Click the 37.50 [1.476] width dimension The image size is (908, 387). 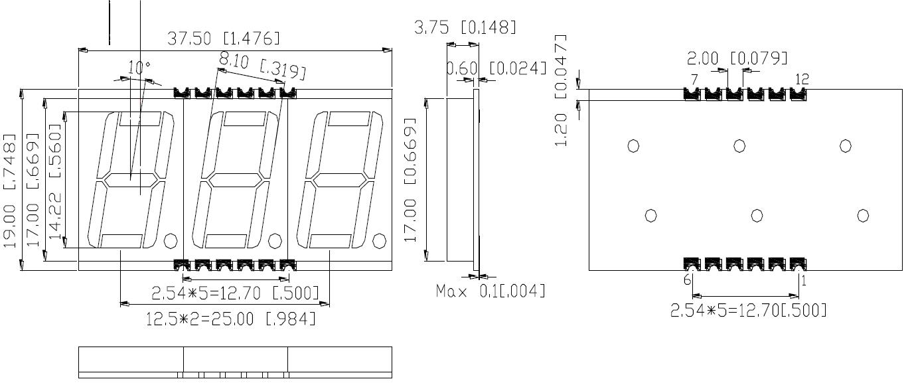click(x=223, y=39)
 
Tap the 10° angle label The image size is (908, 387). click(x=139, y=67)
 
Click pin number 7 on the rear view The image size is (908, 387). click(x=694, y=80)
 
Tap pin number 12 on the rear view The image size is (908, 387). click(x=802, y=80)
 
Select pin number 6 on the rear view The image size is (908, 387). click(x=688, y=280)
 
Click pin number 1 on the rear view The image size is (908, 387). click(x=803, y=280)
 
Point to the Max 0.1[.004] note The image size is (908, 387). click(x=491, y=291)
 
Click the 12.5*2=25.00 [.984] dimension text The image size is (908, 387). click(x=230, y=319)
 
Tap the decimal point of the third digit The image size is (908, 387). click(x=380, y=240)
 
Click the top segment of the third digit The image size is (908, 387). click(x=348, y=119)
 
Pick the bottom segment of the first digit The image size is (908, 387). click(x=121, y=240)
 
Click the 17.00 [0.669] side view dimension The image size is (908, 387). click(x=410, y=181)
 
